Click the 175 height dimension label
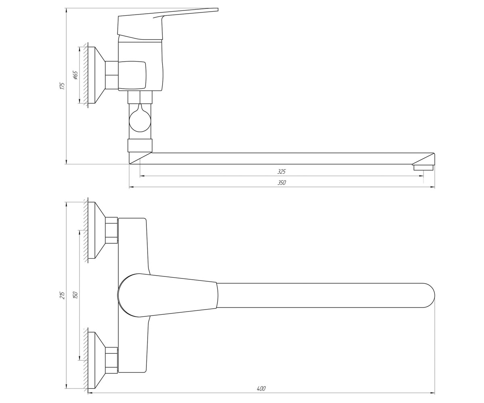pyautogui.click(x=62, y=85)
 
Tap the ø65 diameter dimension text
pyautogui.click(x=75, y=75)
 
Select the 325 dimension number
pyautogui.click(x=282, y=171)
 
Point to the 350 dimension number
pyautogui.click(x=282, y=183)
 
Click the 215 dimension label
pyautogui.click(x=62, y=295)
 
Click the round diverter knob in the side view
pyautogui.click(x=140, y=120)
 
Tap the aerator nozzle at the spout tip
pyautogui.click(x=423, y=167)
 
